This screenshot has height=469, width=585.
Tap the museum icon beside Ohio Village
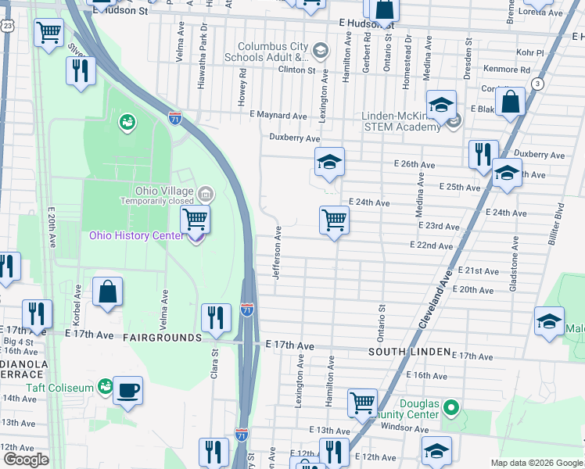pos(205,193)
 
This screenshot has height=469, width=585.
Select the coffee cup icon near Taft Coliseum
pos(127,389)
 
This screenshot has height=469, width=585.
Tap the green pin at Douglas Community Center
pos(450,406)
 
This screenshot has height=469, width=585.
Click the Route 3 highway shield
pos(537,84)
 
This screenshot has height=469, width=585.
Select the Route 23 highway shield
pos(6,26)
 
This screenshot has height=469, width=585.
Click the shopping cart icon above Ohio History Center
pos(196,220)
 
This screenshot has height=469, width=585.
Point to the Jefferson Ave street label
pos(277,249)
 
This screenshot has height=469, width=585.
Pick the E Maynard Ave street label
pos(278,115)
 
